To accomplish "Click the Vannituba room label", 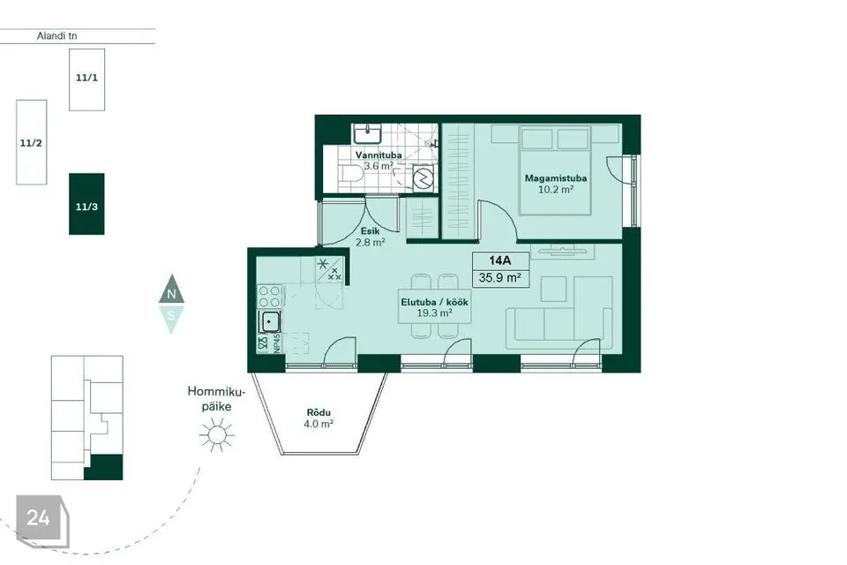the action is click(379, 155).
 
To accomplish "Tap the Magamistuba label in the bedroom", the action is click(555, 177).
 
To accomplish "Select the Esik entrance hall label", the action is click(370, 231).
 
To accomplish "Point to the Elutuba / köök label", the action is click(434, 302).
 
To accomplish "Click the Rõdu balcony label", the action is click(319, 412).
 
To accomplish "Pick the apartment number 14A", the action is click(499, 260).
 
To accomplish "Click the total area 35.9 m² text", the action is click(499, 278).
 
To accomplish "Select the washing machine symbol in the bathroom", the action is click(423, 177).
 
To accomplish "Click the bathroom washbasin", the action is click(367, 133).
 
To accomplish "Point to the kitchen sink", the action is click(270, 322).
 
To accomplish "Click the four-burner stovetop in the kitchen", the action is click(270, 297).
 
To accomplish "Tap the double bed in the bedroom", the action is click(555, 169).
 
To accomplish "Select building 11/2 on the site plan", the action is click(32, 142).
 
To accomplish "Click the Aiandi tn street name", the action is click(56, 36).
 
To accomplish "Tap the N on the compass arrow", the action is click(171, 295).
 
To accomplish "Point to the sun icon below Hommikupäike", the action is click(217, 434).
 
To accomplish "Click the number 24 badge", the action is click(38, 518).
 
